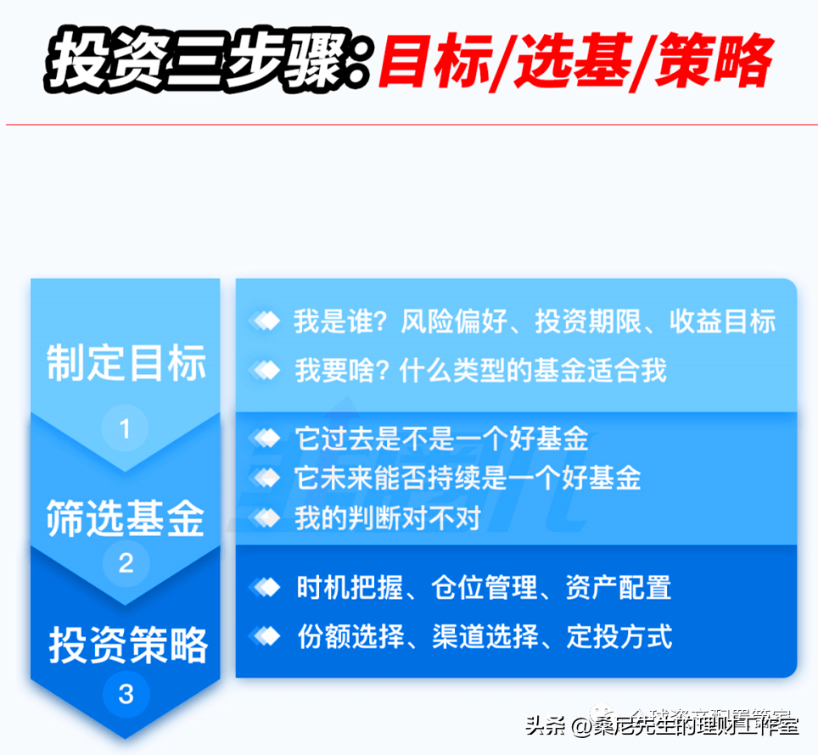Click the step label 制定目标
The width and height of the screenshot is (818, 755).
pos(126,363)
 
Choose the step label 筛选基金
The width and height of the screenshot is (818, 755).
pos(126,517)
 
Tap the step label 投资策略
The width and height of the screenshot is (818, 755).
pos(126,645)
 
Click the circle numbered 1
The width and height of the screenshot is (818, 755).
pos(126,429)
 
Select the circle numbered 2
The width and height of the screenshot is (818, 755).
pos(126,562)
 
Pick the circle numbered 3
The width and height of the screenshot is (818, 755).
pos(126,695)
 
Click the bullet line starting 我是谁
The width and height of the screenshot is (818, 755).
pos(535,322)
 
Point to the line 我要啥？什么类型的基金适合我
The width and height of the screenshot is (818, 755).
pos(480,370)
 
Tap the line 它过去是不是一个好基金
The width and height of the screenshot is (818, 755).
pos(441,439)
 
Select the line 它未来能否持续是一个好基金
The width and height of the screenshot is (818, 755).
pos(468,478)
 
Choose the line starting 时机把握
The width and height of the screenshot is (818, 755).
pos(484,588)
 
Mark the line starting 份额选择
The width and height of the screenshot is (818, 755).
pos(484,635)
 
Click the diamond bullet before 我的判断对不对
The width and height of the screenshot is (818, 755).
pos(266,517)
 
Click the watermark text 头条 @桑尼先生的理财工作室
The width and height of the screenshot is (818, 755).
pos(662,726)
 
